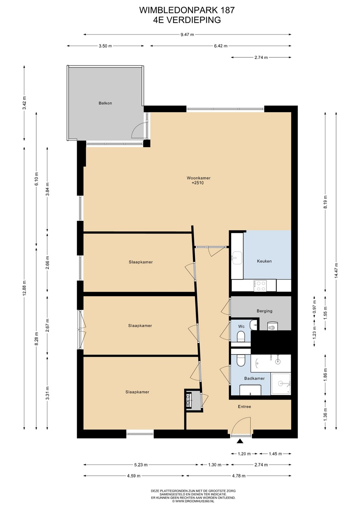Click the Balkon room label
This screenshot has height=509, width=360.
click(x=105, y=103)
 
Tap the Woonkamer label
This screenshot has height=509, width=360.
click(x=198, y=178)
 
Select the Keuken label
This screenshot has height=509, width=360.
click(x=264, y=261)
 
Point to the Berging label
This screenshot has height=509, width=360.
click(x=265, y=311)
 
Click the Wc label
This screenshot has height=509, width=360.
click(x=241, y=326)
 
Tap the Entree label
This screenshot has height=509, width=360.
click(x=244, y=406)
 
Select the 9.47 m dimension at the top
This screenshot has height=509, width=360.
click(x=187, y=35)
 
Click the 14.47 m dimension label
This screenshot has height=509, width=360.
click(x=336, y=270)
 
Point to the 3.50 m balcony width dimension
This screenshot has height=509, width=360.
click(x=105, y=46)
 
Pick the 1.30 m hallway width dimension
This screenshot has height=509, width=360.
click(x=215, y=465)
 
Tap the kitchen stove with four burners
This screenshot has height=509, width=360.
click(x=260, y=286)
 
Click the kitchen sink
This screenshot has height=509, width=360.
click(x=237, y=258)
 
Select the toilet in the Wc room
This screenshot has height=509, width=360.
click(x=240, y=336)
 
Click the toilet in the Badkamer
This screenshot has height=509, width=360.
click(x=240, y=360)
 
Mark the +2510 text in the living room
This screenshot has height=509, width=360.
click(x=197, y=183)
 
